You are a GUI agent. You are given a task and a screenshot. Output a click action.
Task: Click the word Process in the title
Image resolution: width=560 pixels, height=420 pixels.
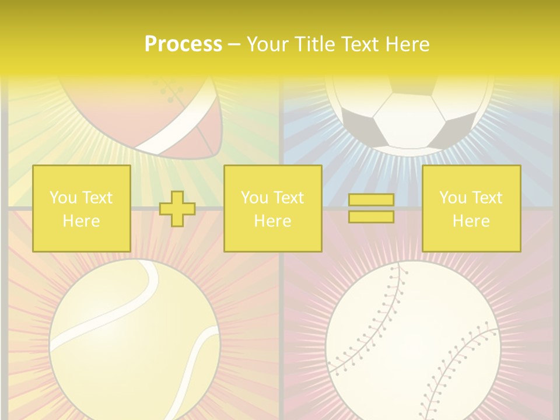pyautogui.click(x=183, y=44)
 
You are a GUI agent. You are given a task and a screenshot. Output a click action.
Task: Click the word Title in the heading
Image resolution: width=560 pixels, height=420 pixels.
pyautogui.click(x=317, y=44)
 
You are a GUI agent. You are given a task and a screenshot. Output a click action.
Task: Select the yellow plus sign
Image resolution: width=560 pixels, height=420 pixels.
pyautogui.click(x=177, y=209)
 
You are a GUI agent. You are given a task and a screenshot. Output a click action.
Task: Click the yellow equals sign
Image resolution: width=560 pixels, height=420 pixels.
pyautogui.click(x=371, y=209)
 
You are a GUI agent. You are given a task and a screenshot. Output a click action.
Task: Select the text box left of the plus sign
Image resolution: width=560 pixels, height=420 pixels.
pyautogui.click(x=81, y=209)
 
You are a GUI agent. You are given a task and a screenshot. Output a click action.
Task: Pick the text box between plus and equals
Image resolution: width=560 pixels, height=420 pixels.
pyautogui.click(x=272, y=209)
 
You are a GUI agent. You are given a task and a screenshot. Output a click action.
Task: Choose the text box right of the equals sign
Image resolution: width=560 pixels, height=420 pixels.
pyautogui.click(x=471, y=209)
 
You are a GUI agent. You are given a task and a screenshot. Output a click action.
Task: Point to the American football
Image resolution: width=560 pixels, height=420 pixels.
pyautogui.click(x=157, y=117)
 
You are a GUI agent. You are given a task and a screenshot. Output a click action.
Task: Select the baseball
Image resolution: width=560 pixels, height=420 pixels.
pyautogui.click(x=412, y=344)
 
